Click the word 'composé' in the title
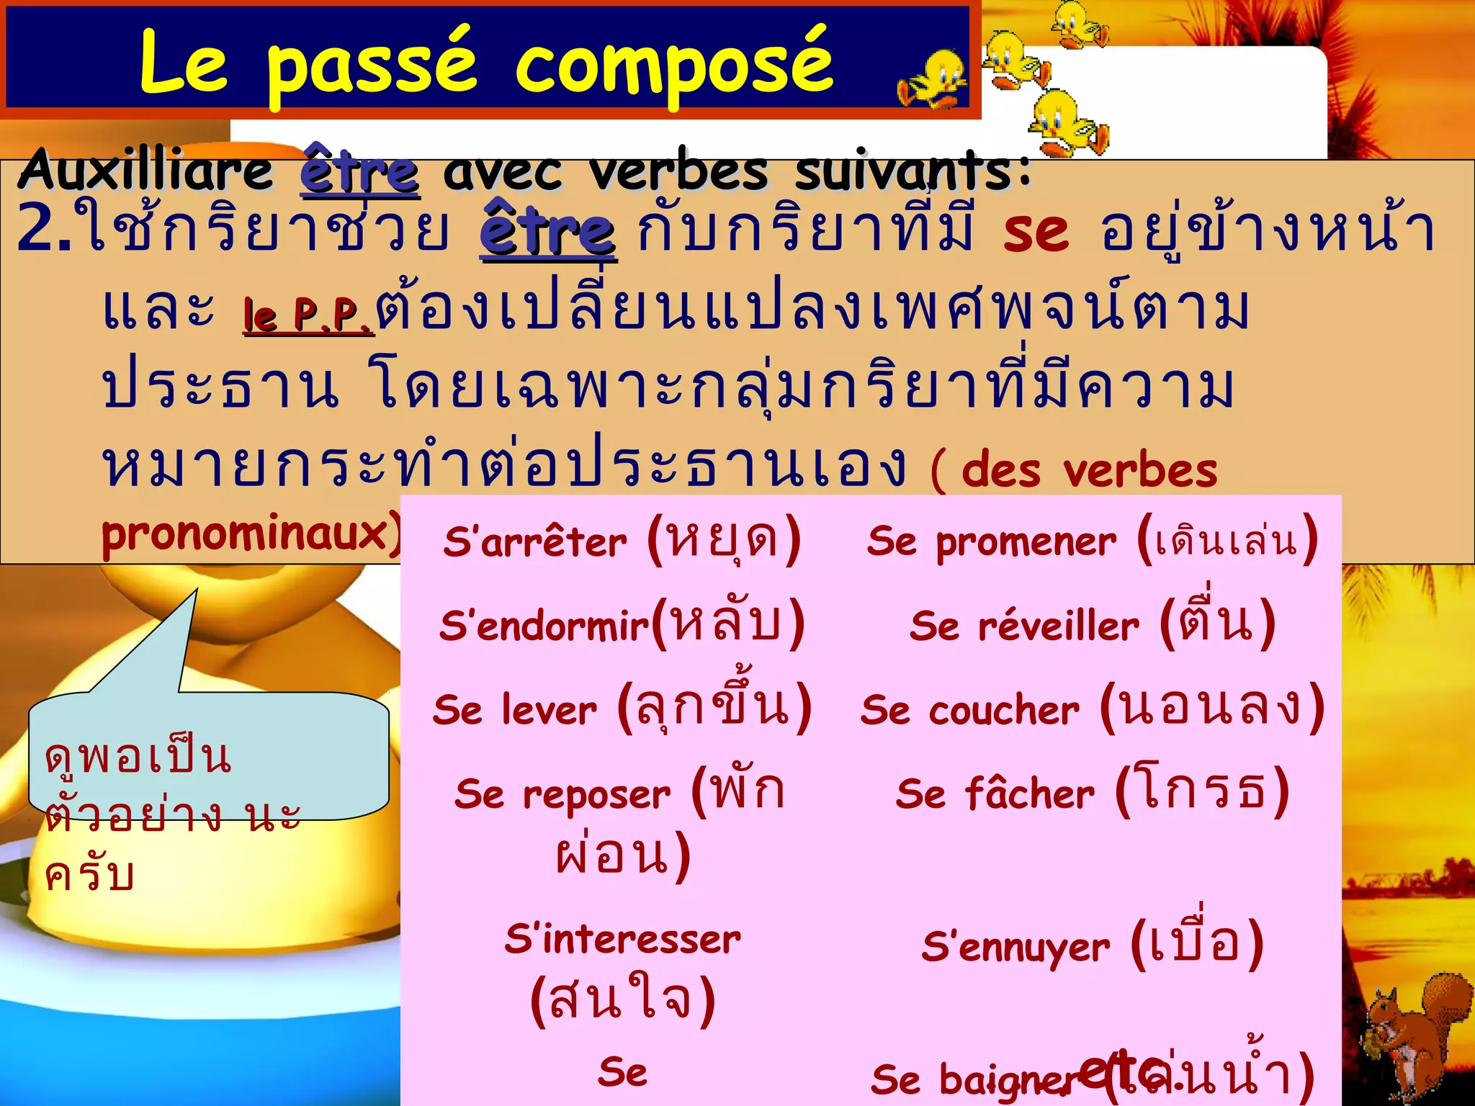coord(674,63)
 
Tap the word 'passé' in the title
coord(372,63)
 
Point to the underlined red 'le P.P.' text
coord(308,315)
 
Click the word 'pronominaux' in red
coord(245,534)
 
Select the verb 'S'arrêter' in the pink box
coord(534,541)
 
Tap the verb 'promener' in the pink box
coord(1026,541)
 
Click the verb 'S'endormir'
coord(544,626)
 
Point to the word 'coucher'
coord(1004,711)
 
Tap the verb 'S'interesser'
coord(622,939)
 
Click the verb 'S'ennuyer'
coord(1016,946)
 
